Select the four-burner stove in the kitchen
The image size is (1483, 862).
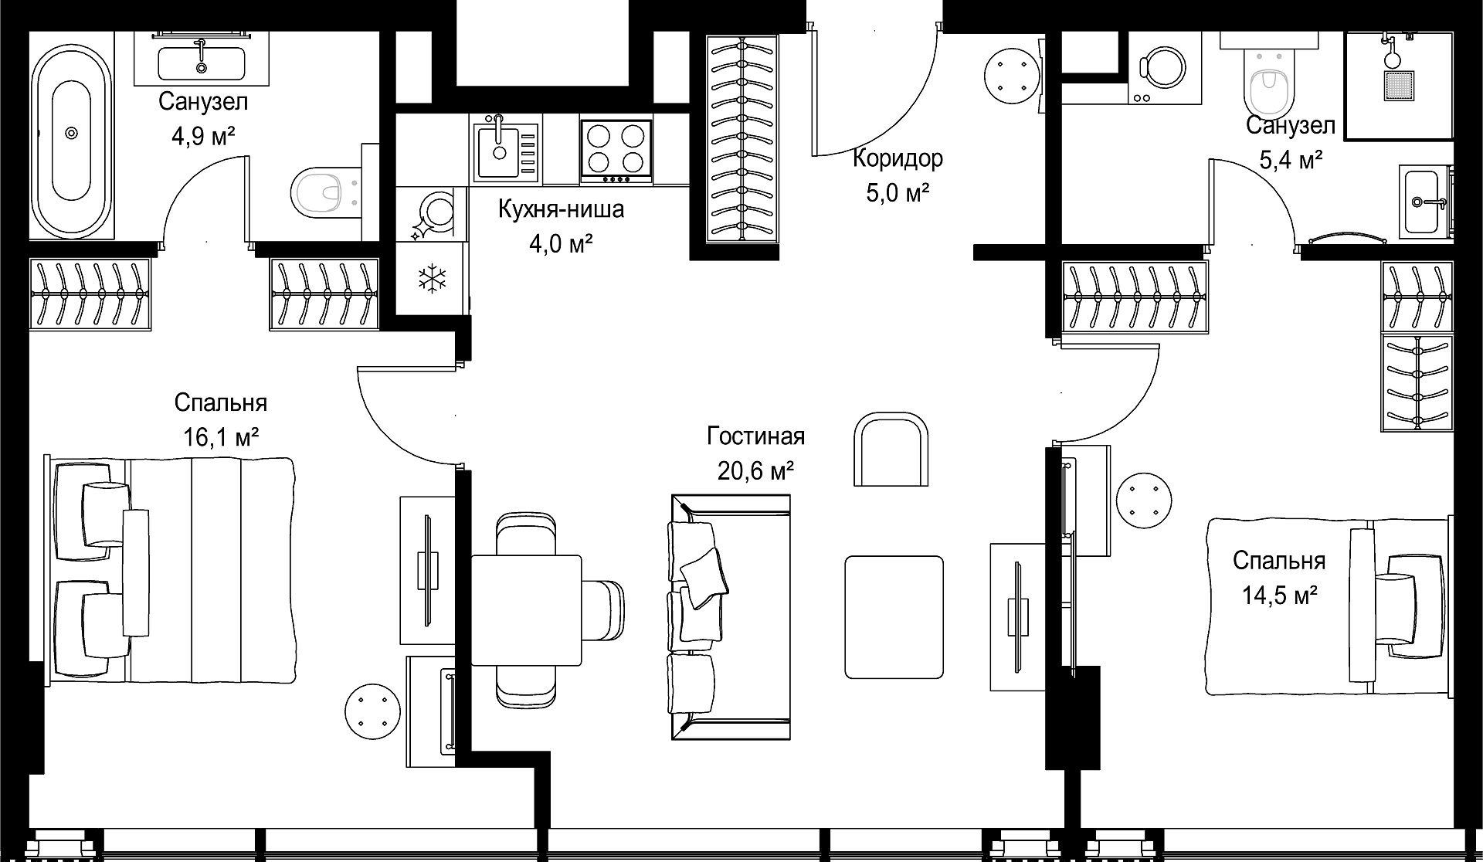(x=616, y=151)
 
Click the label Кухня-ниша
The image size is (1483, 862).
(x=561, y=209)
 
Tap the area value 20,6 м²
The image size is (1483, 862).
(x=756, y=470)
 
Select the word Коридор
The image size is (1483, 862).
(x=898, y=158)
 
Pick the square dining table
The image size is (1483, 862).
(x=526, y=609)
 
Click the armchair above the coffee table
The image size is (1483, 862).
(x=891, y=449)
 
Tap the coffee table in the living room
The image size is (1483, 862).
(x=894, y=617)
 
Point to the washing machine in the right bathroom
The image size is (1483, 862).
(x=1164, y=68)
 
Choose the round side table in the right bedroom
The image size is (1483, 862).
(x=1144, y=500)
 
